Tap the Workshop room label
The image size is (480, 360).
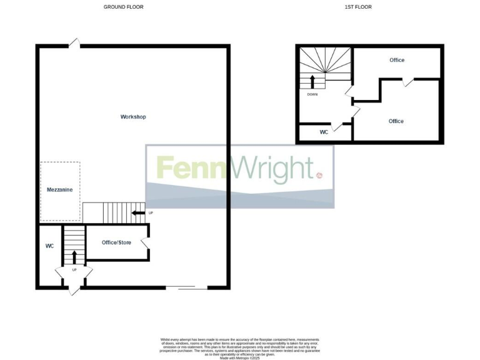click(x=133, y=117)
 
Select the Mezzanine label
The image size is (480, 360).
click(x=60, y=189)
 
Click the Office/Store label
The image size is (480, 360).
click(x=117, y=242)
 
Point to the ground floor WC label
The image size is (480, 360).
click(x=50, y=246)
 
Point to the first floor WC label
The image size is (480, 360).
click(x=324, y=132)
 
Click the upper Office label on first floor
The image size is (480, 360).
click(x=396, y=60)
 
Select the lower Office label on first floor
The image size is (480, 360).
click(x=396, y=121)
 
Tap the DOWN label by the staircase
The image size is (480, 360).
click(x=312, y=94)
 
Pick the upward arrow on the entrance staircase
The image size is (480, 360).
click(x=74, y=256)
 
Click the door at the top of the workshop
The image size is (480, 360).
click(x=74, y=43)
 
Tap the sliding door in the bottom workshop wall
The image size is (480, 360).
click(x=187, y=287)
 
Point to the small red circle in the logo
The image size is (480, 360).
click(x=320, y=176)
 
